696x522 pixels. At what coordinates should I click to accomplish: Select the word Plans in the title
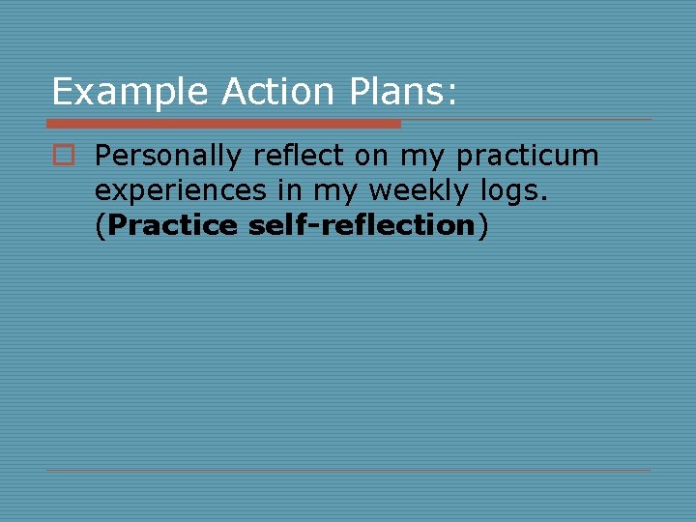[389, 92]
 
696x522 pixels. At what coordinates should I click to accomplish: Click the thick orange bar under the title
[223, 124]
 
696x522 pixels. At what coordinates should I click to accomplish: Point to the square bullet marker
[64, 155]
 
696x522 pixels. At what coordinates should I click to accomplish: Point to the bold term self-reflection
[362, 225]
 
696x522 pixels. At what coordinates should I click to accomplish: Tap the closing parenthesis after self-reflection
[482, 226]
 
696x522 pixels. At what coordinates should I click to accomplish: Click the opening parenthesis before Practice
[101, 226]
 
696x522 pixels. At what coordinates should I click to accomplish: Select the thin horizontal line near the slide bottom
[348, 471]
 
